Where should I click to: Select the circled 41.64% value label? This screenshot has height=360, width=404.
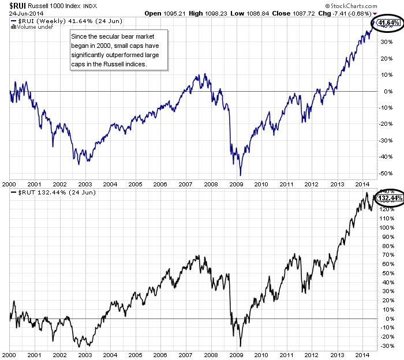(388, 23)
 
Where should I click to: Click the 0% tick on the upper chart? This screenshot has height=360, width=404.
(382, 91)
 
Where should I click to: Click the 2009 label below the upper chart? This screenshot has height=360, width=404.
(235, 184)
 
